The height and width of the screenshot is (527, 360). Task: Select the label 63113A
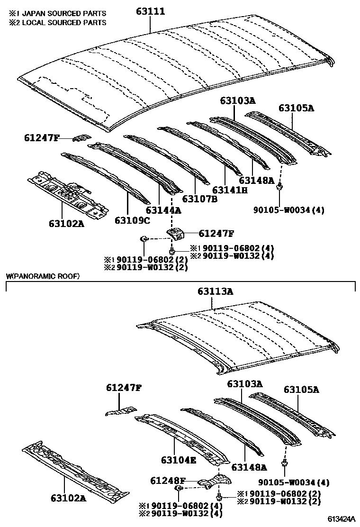pyautogui.click(x=216, y=292)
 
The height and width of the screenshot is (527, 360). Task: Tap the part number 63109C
pyautogui.click(x=132, y=220)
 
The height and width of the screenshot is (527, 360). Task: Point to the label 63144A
pyautogui.click(x=163, y=210)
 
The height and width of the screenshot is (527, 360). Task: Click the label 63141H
pyautogui.click(x=230, y=190)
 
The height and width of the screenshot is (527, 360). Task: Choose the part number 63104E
pyautogui.click(x=178, y=460)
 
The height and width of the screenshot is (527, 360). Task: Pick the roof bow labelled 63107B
pyautogui.click(x=166, y=154)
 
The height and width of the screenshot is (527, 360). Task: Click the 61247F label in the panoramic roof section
pyautogui.click(x=124, y=388)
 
